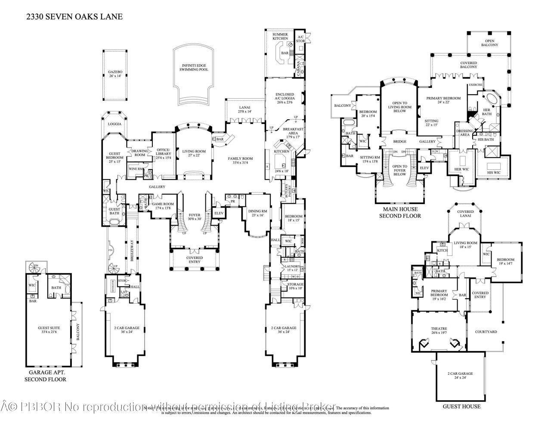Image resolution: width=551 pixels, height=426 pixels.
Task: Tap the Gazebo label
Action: [115, 73]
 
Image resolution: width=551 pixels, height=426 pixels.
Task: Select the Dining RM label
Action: [258, 212]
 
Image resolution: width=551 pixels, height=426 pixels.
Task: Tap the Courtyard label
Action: [486, 332]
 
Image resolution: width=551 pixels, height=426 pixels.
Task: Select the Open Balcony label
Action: [489, 43]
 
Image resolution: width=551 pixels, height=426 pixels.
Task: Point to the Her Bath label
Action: [487, 111]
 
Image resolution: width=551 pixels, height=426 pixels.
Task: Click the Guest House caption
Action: [461, 406]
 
